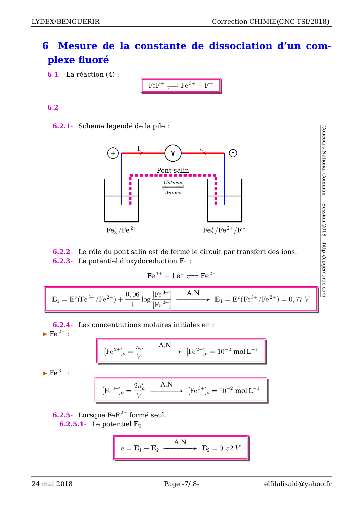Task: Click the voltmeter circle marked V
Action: [173, 153]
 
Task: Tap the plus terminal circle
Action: [113, 153]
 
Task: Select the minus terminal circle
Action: [233, 153]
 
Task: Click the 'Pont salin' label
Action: [173, 170]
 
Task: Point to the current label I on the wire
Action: [138, 149]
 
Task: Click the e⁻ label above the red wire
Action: [204, 149]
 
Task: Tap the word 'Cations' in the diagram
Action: [173, 183]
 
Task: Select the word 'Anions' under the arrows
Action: [173, 193]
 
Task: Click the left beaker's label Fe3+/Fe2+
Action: [121, 230]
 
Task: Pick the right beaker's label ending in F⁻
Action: [224, 230]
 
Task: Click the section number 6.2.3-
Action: [62, 261]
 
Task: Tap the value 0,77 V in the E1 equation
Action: [299, 299]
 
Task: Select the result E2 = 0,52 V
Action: [221, 448]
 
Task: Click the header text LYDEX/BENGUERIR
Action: [66, 21]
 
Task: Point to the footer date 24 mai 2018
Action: [52, 484]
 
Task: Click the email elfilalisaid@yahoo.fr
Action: [298, 484]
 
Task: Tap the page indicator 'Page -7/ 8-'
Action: [181, 484]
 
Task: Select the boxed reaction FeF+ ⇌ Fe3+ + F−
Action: [181, 85]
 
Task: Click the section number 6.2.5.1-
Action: [73, 424]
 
